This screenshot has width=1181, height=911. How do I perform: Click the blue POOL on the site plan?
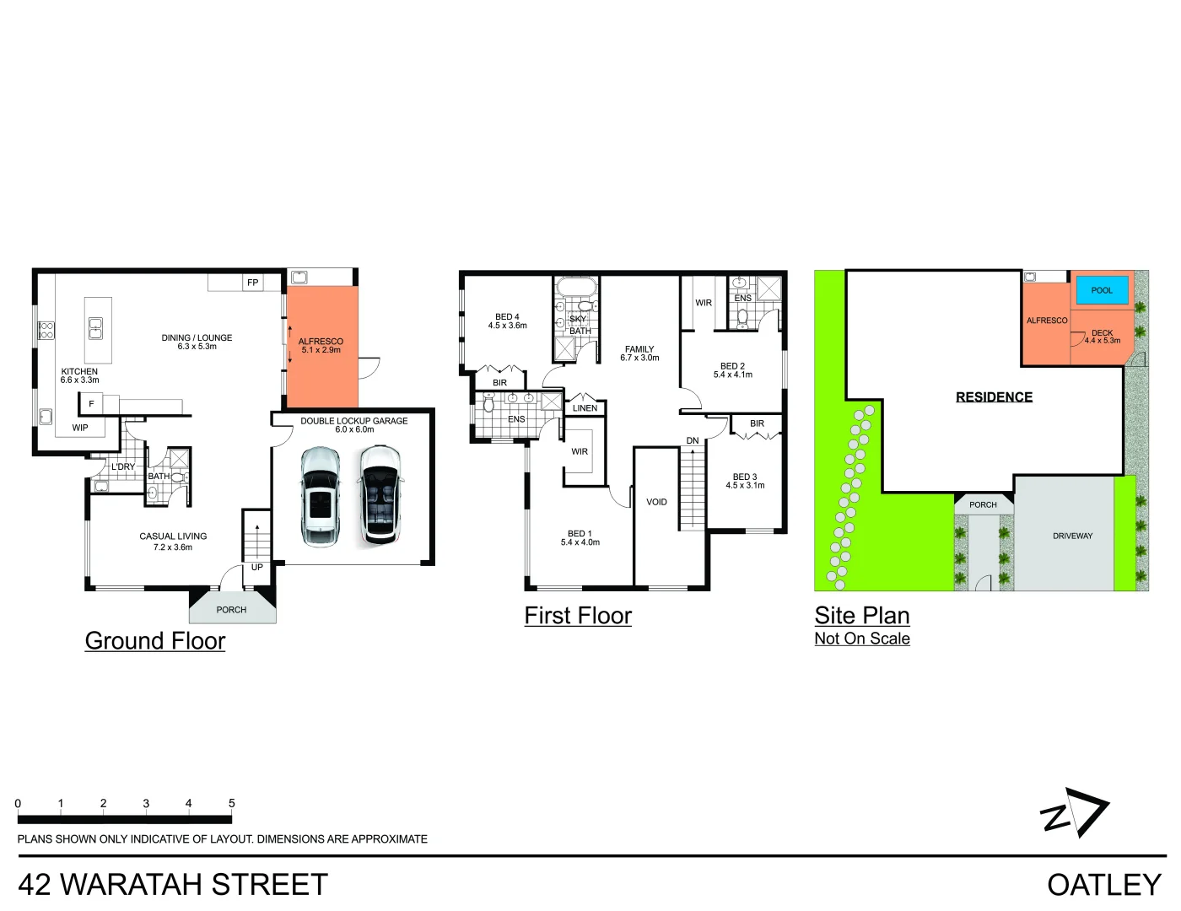coord(1102,290)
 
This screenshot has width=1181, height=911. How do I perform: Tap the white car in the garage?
coord(321,497)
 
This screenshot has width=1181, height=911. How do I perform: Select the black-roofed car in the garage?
coord(381,494)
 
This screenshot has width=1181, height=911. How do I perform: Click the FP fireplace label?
coord(253,283)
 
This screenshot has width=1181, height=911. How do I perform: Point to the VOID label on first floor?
coord(656,502)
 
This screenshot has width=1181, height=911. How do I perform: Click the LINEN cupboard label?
coord(585,408)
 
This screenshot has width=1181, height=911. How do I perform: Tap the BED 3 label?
coord(745,477)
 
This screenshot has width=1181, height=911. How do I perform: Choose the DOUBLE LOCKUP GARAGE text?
coord(353,420)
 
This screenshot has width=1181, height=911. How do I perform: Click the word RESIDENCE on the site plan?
coord(994,397)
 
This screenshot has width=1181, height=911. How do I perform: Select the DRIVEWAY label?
coord(1072,536)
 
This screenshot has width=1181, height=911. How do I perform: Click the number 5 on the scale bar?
coord(231,803)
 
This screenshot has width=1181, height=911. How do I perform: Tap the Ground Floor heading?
coord(155,641)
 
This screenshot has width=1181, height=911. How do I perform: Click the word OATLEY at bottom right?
coord(1104,885)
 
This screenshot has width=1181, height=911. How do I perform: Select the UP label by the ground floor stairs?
coord(257,567)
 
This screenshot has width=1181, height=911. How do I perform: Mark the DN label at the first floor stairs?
coord(693,440)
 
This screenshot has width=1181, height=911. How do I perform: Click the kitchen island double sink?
coord(95,329)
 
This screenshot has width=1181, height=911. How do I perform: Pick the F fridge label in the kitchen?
coord(91,403)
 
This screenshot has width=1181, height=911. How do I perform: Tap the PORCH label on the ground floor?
coord(231,610)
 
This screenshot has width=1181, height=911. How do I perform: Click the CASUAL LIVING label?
coord(173,536)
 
